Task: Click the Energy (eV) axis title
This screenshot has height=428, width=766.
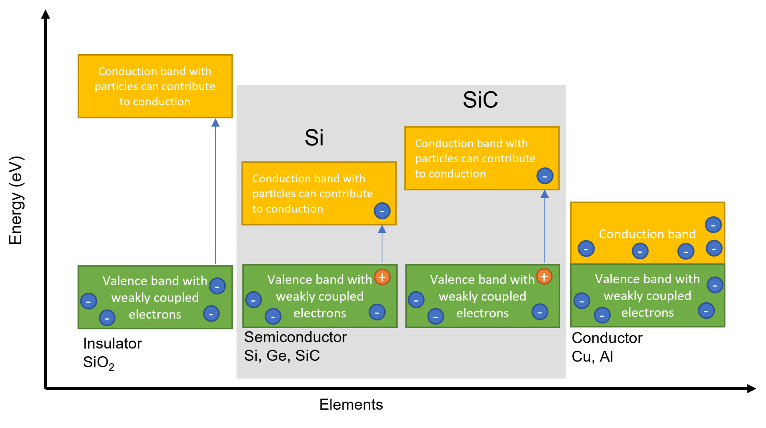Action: (16, 200)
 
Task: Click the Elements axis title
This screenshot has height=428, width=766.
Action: (351, 404)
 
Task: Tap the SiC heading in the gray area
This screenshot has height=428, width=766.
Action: (480, 100)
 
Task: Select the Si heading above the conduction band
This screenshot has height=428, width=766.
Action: (314, 138)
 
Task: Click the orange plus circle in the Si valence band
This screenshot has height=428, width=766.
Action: (382, 277)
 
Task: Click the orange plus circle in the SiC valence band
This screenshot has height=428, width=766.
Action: (544, 277)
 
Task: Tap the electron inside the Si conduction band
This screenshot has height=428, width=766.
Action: (382, 211)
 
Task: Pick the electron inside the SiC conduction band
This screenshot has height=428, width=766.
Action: (545, 176)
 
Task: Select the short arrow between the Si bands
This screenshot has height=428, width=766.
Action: (382, 245)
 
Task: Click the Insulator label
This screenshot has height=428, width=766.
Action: (112, 344)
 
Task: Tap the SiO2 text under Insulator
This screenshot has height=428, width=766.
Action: (98, 363)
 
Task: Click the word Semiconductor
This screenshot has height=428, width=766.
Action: (295, 337)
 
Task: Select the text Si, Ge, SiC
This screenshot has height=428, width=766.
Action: (282, 355)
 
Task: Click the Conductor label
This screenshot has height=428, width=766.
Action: (607, 338)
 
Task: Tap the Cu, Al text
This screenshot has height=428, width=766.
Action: (592, 357)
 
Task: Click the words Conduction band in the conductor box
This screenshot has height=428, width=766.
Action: (647, 234)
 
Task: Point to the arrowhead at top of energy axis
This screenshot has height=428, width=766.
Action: (45, 14)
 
